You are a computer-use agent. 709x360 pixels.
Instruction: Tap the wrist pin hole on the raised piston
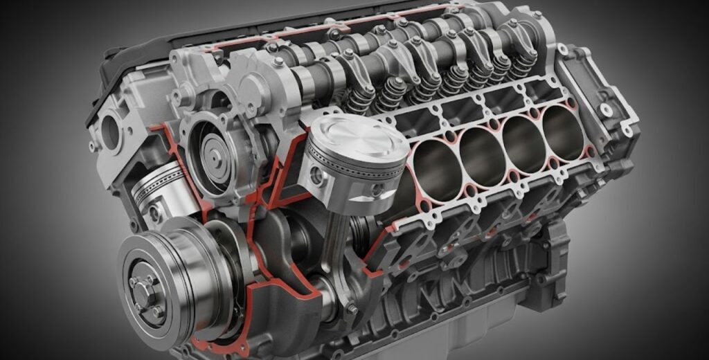[x=316, y=176]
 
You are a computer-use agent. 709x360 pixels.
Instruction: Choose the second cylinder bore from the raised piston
[x=482, y=154]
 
